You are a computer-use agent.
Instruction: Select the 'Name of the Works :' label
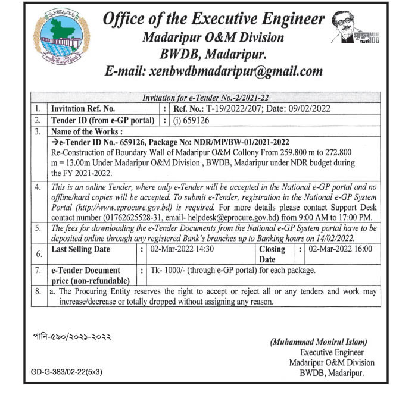coord(87,131)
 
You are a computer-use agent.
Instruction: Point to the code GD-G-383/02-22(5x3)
coord(67,372)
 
